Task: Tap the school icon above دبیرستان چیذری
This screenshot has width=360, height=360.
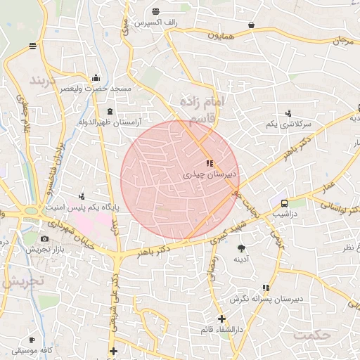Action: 210,163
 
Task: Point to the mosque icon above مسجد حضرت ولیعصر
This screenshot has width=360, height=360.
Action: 96,78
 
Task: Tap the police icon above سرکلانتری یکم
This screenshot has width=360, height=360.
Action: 288,113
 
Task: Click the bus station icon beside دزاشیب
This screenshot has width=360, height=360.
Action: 284,203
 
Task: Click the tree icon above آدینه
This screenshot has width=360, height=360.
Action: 242,248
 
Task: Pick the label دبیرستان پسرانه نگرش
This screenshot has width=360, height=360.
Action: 273,298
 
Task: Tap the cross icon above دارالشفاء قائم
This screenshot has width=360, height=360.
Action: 221,319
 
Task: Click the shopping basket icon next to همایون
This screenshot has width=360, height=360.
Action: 251,25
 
